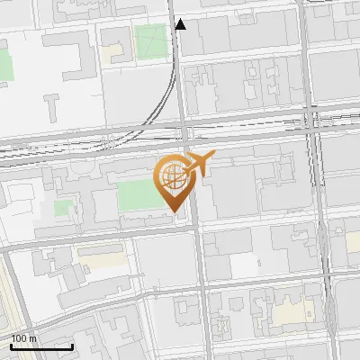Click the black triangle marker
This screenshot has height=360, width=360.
pos(181,24)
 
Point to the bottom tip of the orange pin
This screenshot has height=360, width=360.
pos(173,212)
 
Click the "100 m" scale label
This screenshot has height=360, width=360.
pos(24,338)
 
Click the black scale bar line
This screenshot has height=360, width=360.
pos(41,346)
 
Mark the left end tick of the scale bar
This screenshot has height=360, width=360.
pos(11,345)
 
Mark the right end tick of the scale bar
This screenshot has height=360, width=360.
pos(72,345)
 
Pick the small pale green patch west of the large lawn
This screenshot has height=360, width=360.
pos(63,207)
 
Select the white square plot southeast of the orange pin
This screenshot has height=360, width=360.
pos(244,265)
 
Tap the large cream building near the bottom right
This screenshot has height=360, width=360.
pos(291,311)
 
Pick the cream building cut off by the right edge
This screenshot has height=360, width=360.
pos(354,241)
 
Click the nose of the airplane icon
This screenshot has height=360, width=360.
pos(212,157)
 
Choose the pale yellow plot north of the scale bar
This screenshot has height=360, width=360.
pos(99,262)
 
